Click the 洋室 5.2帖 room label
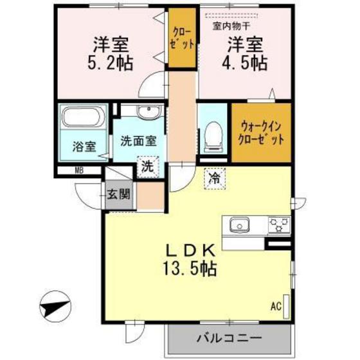click(x=110, y=55)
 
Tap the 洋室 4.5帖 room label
click(x=246, y=54)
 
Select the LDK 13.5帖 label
click(x=191, y=256)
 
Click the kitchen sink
click(x=239, y=226)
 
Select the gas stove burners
click(x=278, y=225)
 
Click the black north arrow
click(x=54, y=308)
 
